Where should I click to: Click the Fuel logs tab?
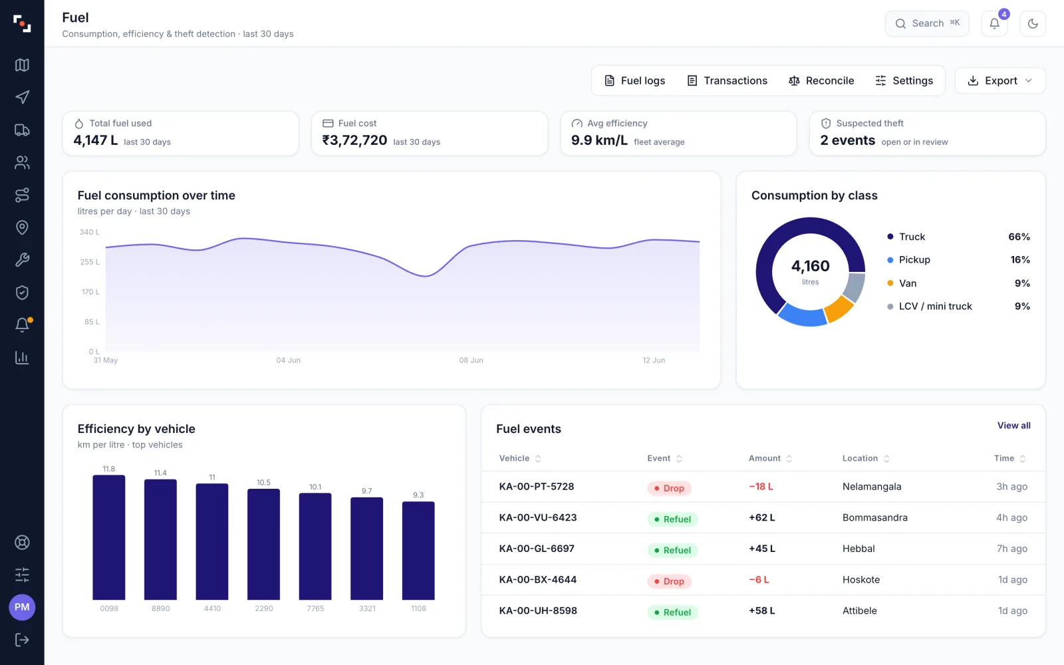point(634,80)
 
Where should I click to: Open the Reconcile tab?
point(821,80)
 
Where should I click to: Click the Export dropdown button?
point(1000,80)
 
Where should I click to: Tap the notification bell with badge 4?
point(995,23)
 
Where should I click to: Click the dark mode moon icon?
point(1033,23)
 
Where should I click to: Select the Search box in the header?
point(927,23)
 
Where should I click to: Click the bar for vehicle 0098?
point(109,537)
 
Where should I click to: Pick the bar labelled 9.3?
point(418,551)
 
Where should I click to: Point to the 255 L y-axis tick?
point(90,262)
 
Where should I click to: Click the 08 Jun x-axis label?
point(471,360)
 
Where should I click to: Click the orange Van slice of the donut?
point(840,309)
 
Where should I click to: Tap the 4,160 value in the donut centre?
point(811,266)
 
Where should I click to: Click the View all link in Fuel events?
point(1013,426)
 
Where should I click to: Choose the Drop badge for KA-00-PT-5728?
point(669,488)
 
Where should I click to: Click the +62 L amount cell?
point(762,517)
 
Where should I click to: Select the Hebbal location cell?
point(859,549)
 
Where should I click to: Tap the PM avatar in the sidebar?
point(22,607)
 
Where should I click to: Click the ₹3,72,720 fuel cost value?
point(354,140)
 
